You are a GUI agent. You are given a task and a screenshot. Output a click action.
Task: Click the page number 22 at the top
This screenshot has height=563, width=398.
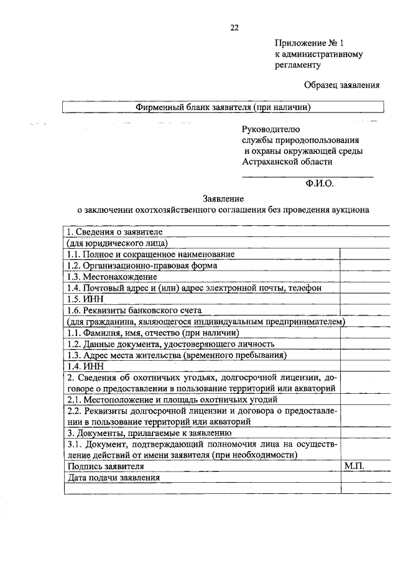234,27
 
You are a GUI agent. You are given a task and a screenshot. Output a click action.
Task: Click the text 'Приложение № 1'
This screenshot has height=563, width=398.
308,44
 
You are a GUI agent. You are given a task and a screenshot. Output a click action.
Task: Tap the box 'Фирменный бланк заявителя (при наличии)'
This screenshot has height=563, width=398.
223,107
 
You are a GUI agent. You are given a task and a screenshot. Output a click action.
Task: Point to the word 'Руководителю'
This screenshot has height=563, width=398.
271,129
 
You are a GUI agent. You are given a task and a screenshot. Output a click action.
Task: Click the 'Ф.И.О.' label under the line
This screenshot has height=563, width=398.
320,184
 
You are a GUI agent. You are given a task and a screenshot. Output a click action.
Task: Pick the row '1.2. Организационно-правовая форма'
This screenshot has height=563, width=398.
142,266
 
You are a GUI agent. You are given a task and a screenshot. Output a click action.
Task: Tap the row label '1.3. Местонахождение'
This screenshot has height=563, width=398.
112,277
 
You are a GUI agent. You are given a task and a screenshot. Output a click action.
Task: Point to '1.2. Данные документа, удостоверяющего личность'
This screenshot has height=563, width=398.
170,344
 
